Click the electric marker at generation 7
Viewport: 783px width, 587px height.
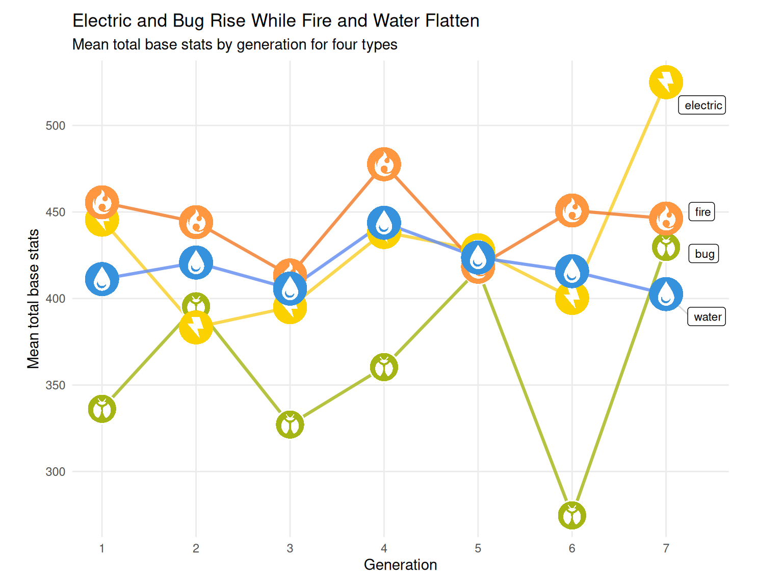tap(666, 82)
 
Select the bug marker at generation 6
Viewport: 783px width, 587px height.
tap(572, 515)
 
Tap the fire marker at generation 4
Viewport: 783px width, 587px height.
tap(384, 165)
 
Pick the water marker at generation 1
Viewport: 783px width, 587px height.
tap(102, 279)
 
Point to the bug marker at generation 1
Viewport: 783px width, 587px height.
tap(102, 409)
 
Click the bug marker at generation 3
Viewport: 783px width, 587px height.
tap(290, 424)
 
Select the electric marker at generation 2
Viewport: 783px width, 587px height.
tap(196, 327)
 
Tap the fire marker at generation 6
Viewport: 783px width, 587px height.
tap(572, 210)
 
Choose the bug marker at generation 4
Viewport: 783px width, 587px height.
tap(384, 367)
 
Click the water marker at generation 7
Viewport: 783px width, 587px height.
tap(666, 294)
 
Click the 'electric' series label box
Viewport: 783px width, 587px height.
tap(702, 105)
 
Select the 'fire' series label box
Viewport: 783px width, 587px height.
tap(702, 212)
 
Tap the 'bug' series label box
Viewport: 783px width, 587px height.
tap(704, 254)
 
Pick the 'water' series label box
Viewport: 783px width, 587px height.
tap(707, 317)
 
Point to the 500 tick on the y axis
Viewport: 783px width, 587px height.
tap(56, 126)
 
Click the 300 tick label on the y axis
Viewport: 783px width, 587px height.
tap(56, 472)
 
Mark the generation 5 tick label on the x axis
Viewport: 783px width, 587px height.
tap(478, 549)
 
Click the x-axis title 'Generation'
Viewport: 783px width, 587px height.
tap(400, 565)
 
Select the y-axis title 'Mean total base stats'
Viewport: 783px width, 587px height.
tap(34, 299)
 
